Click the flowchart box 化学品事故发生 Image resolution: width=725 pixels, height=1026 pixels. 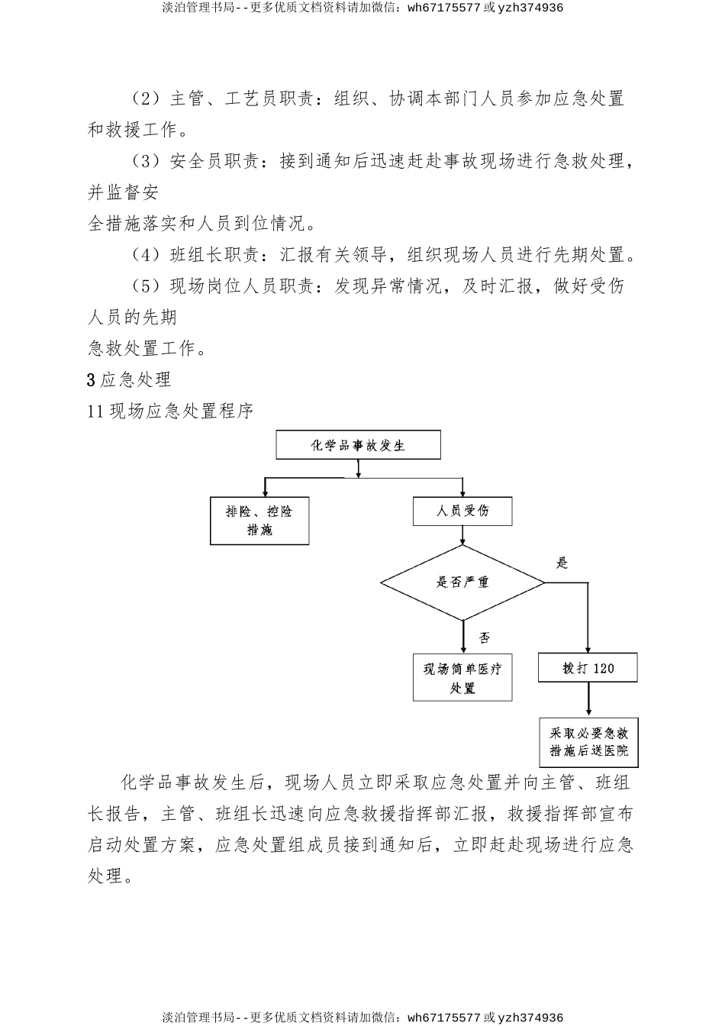[x=358, y=445]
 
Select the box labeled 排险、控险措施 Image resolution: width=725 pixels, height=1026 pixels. [x=259, y=521]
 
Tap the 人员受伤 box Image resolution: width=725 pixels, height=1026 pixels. [x=462, y=511]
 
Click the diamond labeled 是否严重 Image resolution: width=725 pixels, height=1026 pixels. [x=462, y=582]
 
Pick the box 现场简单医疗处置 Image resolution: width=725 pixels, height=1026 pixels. [x=462, y=678]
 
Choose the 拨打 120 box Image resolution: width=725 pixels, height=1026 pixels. [x=588, y=668]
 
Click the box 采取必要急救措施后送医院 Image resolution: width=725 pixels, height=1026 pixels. [x=588, y=742]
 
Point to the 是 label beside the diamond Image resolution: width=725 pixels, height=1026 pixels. [x=562, y=563]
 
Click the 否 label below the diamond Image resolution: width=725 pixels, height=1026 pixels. [x=484, y=637]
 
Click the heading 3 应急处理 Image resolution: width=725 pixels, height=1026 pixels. [x=130, y=379]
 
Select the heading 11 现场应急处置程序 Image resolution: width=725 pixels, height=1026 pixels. [x=171, y=411]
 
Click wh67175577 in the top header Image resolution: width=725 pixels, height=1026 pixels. [x=445, y=8]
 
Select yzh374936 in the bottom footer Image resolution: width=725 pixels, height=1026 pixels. [x=530, y=1018]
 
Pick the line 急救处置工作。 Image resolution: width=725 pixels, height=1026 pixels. [x=137, y=349]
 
